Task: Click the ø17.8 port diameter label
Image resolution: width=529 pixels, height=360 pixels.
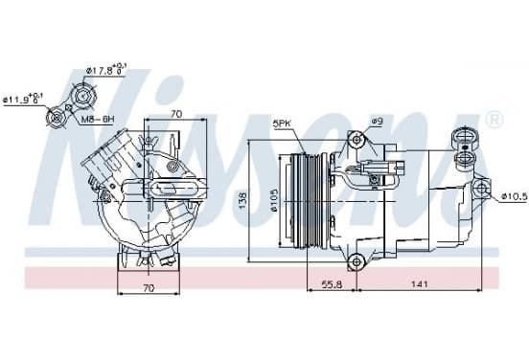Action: (x=105, y=70)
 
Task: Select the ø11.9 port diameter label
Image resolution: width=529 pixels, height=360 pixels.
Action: (x=23, y=100)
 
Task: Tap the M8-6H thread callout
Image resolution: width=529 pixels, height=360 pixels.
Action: (x=98, y=119)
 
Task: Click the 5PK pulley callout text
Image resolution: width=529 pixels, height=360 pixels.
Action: (x=282, y=124)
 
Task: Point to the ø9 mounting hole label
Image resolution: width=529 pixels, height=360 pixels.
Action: (x=378, y=121)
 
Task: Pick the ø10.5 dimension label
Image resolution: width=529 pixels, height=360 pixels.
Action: (x=515, y=196)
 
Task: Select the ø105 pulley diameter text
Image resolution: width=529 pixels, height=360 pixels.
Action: (x=274, y=200)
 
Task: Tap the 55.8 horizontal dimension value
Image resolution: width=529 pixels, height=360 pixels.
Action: (x=332, y=284)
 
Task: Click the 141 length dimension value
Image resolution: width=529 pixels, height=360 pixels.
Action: (x=420, y=284)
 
